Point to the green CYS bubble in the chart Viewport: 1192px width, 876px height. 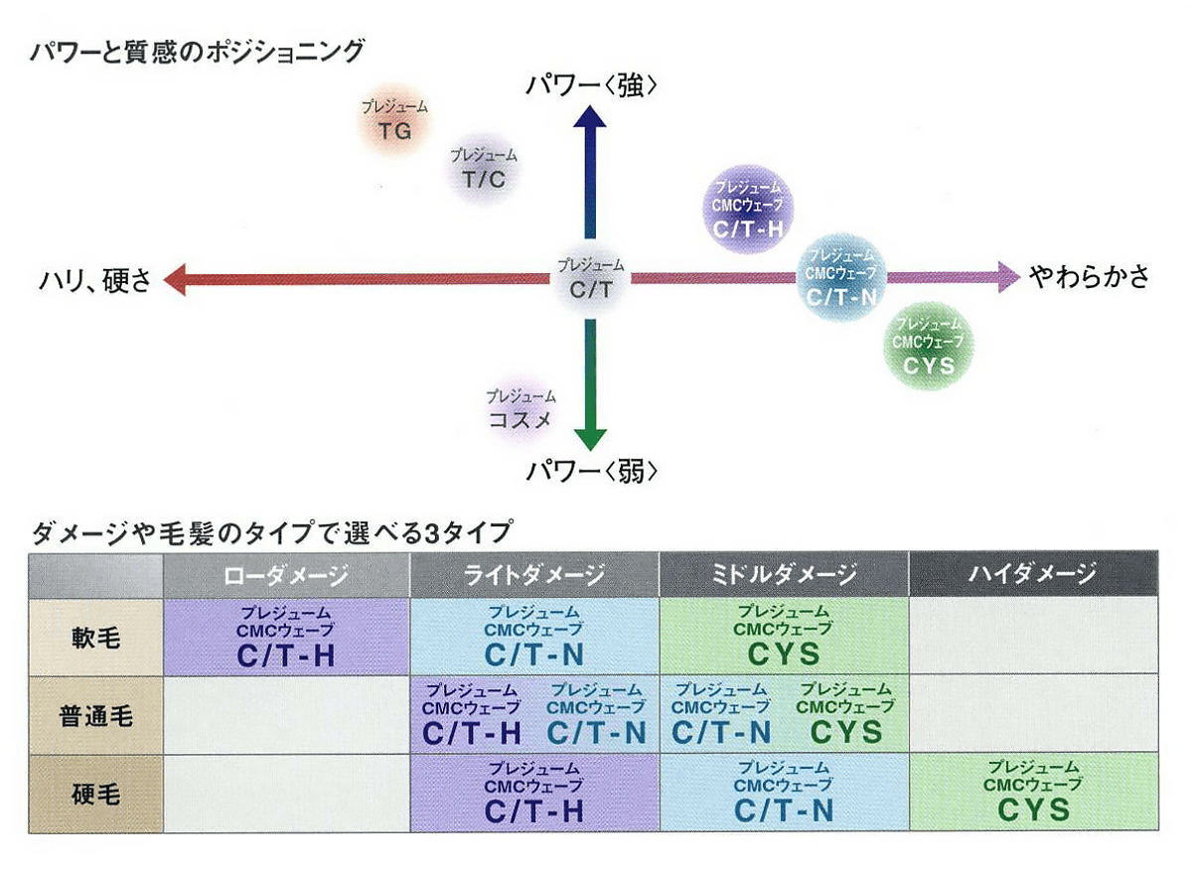point(929,344)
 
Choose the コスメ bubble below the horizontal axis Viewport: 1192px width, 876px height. point(521,408)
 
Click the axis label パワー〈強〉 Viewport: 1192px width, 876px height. point(593,86)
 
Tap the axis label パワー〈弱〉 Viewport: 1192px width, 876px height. point(593,469)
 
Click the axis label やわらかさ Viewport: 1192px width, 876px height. point(1089,276)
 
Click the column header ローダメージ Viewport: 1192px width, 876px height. point(286,574)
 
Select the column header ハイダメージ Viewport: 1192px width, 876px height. point(1033,574)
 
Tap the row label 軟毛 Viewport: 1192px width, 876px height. point(96,636)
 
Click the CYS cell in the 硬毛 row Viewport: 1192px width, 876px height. point(1033,792)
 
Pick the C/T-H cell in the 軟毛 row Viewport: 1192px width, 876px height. point(286,636)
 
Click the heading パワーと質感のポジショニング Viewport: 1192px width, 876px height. point(198,51)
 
